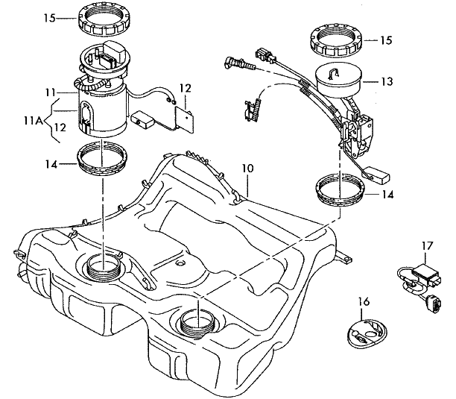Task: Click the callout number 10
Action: coord(247,169)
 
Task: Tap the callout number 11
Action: coord(50,92)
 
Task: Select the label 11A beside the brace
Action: coord(33,121)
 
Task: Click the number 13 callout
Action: coord(387,82)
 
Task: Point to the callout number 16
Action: coord(364,302)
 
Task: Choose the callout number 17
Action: coord(428,246)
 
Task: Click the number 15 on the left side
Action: coord(49,18)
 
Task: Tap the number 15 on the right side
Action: coord(386,40)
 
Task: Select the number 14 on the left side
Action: coord(51,164)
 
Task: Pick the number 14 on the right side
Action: coord(387,195)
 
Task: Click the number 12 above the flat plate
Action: coord(186,88)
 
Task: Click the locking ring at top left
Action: coord(104,21)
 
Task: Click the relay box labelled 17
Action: coord(426,273)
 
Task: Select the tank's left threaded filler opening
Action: coord(104,267)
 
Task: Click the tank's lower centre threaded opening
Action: coord(198,322)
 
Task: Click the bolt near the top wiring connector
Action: coord(239,63)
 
